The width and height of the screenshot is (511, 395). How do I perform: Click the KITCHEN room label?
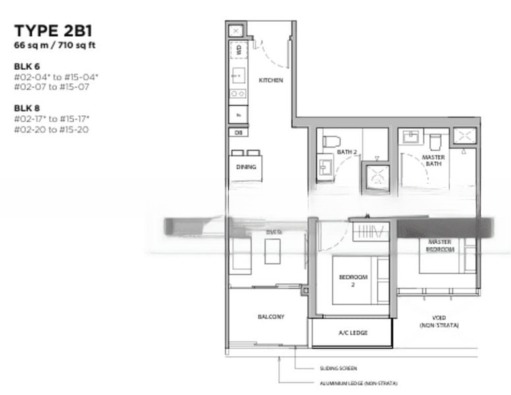pos(271,80)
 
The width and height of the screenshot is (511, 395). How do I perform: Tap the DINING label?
pos(246,167)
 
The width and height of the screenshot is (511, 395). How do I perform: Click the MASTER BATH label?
pos(433,161)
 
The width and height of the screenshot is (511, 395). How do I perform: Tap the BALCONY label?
pos(271,317)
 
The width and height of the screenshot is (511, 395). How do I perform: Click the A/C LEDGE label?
pos(353,333)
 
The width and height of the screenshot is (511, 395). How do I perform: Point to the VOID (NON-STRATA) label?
pos(438,321)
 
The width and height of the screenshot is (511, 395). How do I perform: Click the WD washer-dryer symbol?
pos(238,51)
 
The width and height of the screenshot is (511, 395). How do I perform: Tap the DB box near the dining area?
pos(237,132)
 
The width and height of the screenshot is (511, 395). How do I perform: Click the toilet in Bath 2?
pos(330,141)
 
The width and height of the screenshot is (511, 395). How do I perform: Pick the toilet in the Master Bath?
pos(435,140)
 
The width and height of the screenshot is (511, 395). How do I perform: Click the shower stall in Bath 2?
pos(376,176)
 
